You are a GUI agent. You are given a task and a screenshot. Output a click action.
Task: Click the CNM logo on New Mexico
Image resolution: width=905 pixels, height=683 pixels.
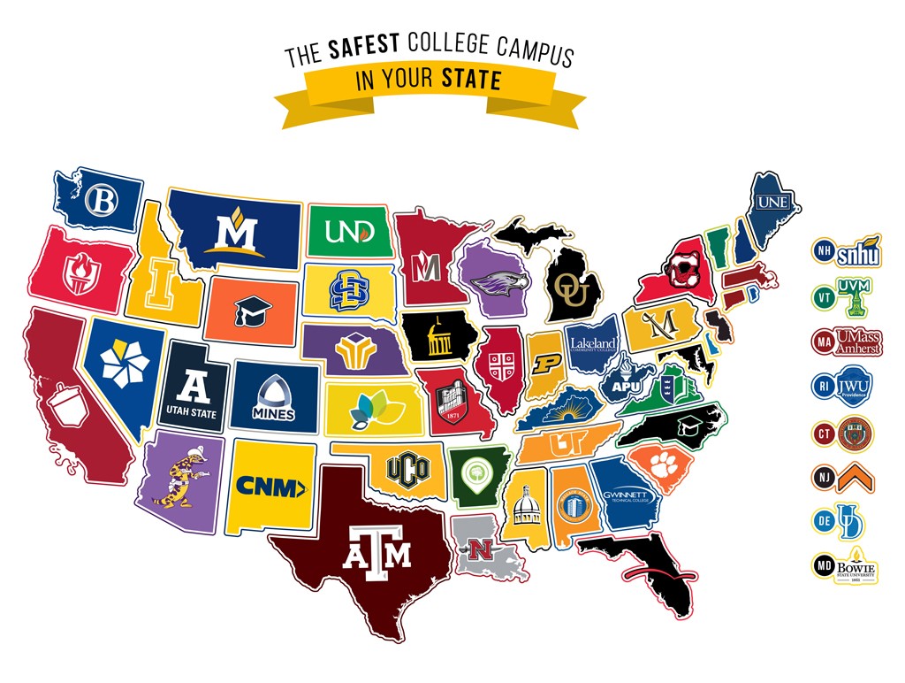[x=271, y=485]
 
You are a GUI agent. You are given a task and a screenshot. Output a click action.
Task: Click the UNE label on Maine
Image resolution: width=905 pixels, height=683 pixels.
[x=772, y=203]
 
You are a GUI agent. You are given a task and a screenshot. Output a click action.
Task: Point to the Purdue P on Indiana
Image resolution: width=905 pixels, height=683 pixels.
[x=546, y=364]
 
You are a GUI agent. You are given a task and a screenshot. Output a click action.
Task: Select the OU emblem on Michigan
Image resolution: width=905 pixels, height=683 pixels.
[x=565, y=289]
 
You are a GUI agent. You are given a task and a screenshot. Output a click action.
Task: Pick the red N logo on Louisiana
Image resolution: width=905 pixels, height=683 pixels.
[x=481, y=549]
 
